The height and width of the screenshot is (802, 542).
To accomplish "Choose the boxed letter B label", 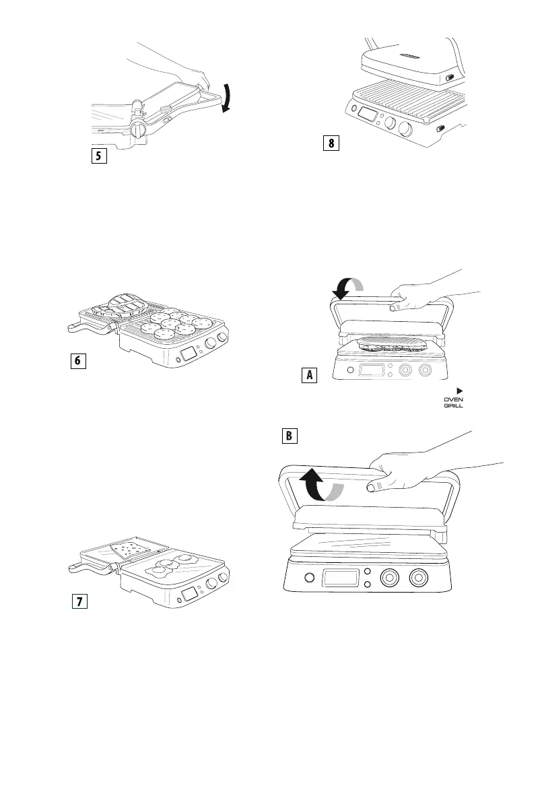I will coord(289,436).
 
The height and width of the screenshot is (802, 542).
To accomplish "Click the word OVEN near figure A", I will coord(452,399).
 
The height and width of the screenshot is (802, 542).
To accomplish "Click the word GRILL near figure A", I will coord(452,406).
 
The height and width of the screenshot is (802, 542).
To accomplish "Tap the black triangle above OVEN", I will coord(461,390).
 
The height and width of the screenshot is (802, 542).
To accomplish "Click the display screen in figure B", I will coord(341,578).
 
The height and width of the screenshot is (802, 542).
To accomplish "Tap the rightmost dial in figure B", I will coord(418,578).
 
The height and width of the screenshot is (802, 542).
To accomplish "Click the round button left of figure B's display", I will coord(310,578).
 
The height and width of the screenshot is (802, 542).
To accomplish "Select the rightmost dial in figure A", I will coord(425,370).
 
